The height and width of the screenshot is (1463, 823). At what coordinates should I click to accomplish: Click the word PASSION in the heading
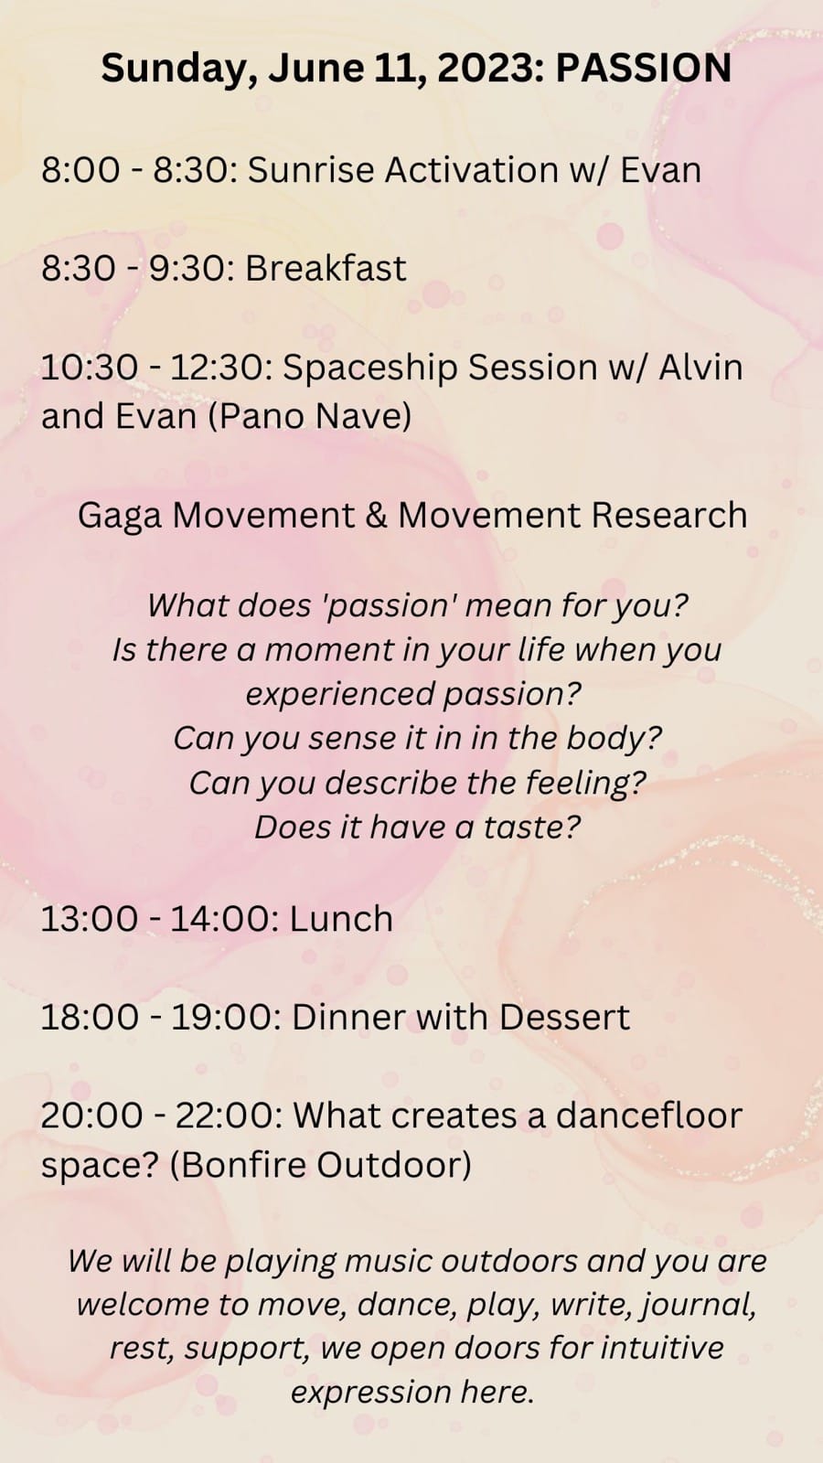(644, 68)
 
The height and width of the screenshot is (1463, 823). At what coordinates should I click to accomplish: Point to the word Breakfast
(326, 268)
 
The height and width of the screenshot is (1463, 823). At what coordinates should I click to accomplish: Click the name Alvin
(700, 367)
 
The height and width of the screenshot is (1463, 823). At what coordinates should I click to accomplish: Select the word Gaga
(120, 516)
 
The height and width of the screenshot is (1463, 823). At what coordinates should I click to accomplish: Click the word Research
(669, 515)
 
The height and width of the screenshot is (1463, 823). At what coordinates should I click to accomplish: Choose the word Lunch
(341, 919)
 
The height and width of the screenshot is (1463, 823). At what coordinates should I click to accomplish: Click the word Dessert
(563, 1017)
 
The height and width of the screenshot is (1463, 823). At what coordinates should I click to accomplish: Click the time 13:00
(90, 919)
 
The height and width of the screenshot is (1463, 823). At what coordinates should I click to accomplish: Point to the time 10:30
(90, 367)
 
